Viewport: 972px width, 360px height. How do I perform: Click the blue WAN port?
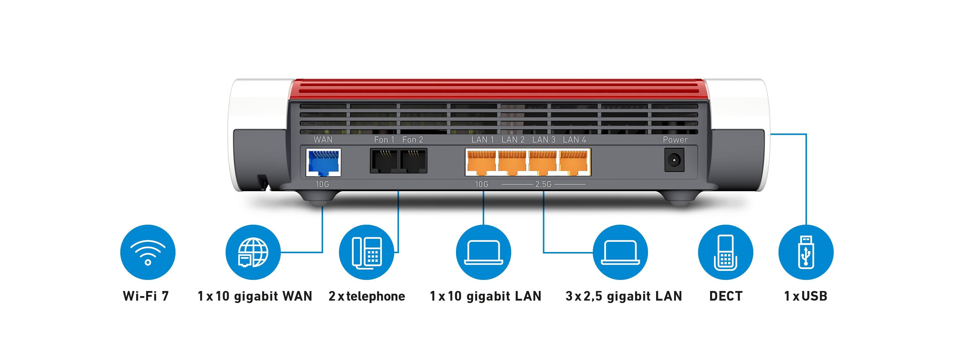click(x=323, y=162)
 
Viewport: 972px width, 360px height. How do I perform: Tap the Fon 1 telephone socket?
click(x=384, y=161)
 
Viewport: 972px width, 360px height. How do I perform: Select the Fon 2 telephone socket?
click(x=413, y=161)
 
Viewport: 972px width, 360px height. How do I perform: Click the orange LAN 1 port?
click(x=481, y=162)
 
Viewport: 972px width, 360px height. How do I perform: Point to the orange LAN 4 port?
click(x=574, y=162)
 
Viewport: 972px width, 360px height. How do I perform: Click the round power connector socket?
click(x=674, y=160)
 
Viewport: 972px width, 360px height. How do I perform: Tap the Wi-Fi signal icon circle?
click(x=148, y=252)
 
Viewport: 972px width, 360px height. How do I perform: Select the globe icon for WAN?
click(x=253, y=252)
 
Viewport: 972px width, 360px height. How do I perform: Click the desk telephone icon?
click(x=366, y=252)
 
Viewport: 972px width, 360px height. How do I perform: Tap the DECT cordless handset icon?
click(x=725, y=252)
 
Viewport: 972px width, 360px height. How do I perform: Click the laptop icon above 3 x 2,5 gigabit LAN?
click(x=620, y=252)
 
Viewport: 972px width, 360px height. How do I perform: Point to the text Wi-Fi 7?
click(x=145, y=296)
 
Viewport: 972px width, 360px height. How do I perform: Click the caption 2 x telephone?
click(x=366, y=296)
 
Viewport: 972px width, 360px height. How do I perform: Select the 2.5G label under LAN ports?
click(x=543, y=184)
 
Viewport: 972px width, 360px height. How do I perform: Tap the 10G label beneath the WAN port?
click(x=322, y=184)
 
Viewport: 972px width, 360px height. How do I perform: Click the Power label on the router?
click(x=675, y=139)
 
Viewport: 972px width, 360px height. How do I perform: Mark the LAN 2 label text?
click(x=513, y=139)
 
